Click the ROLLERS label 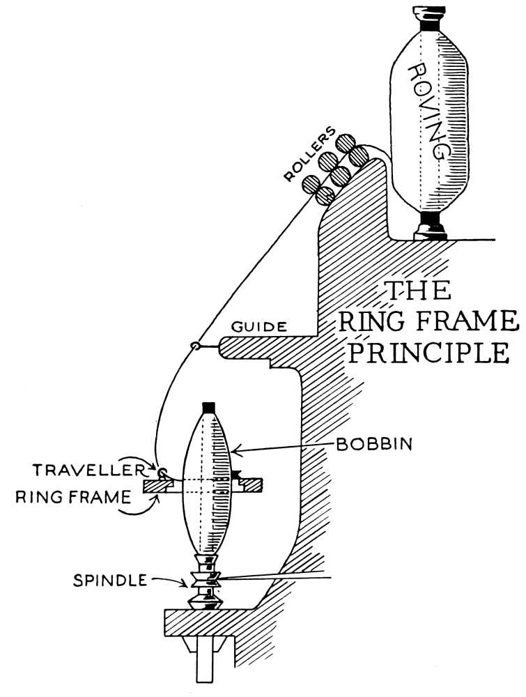(310, 155)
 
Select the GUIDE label (260, 326)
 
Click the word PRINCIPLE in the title (428, 352)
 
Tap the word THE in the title (419, 291)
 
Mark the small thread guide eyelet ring (196, 346)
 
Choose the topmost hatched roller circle (346, 142)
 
